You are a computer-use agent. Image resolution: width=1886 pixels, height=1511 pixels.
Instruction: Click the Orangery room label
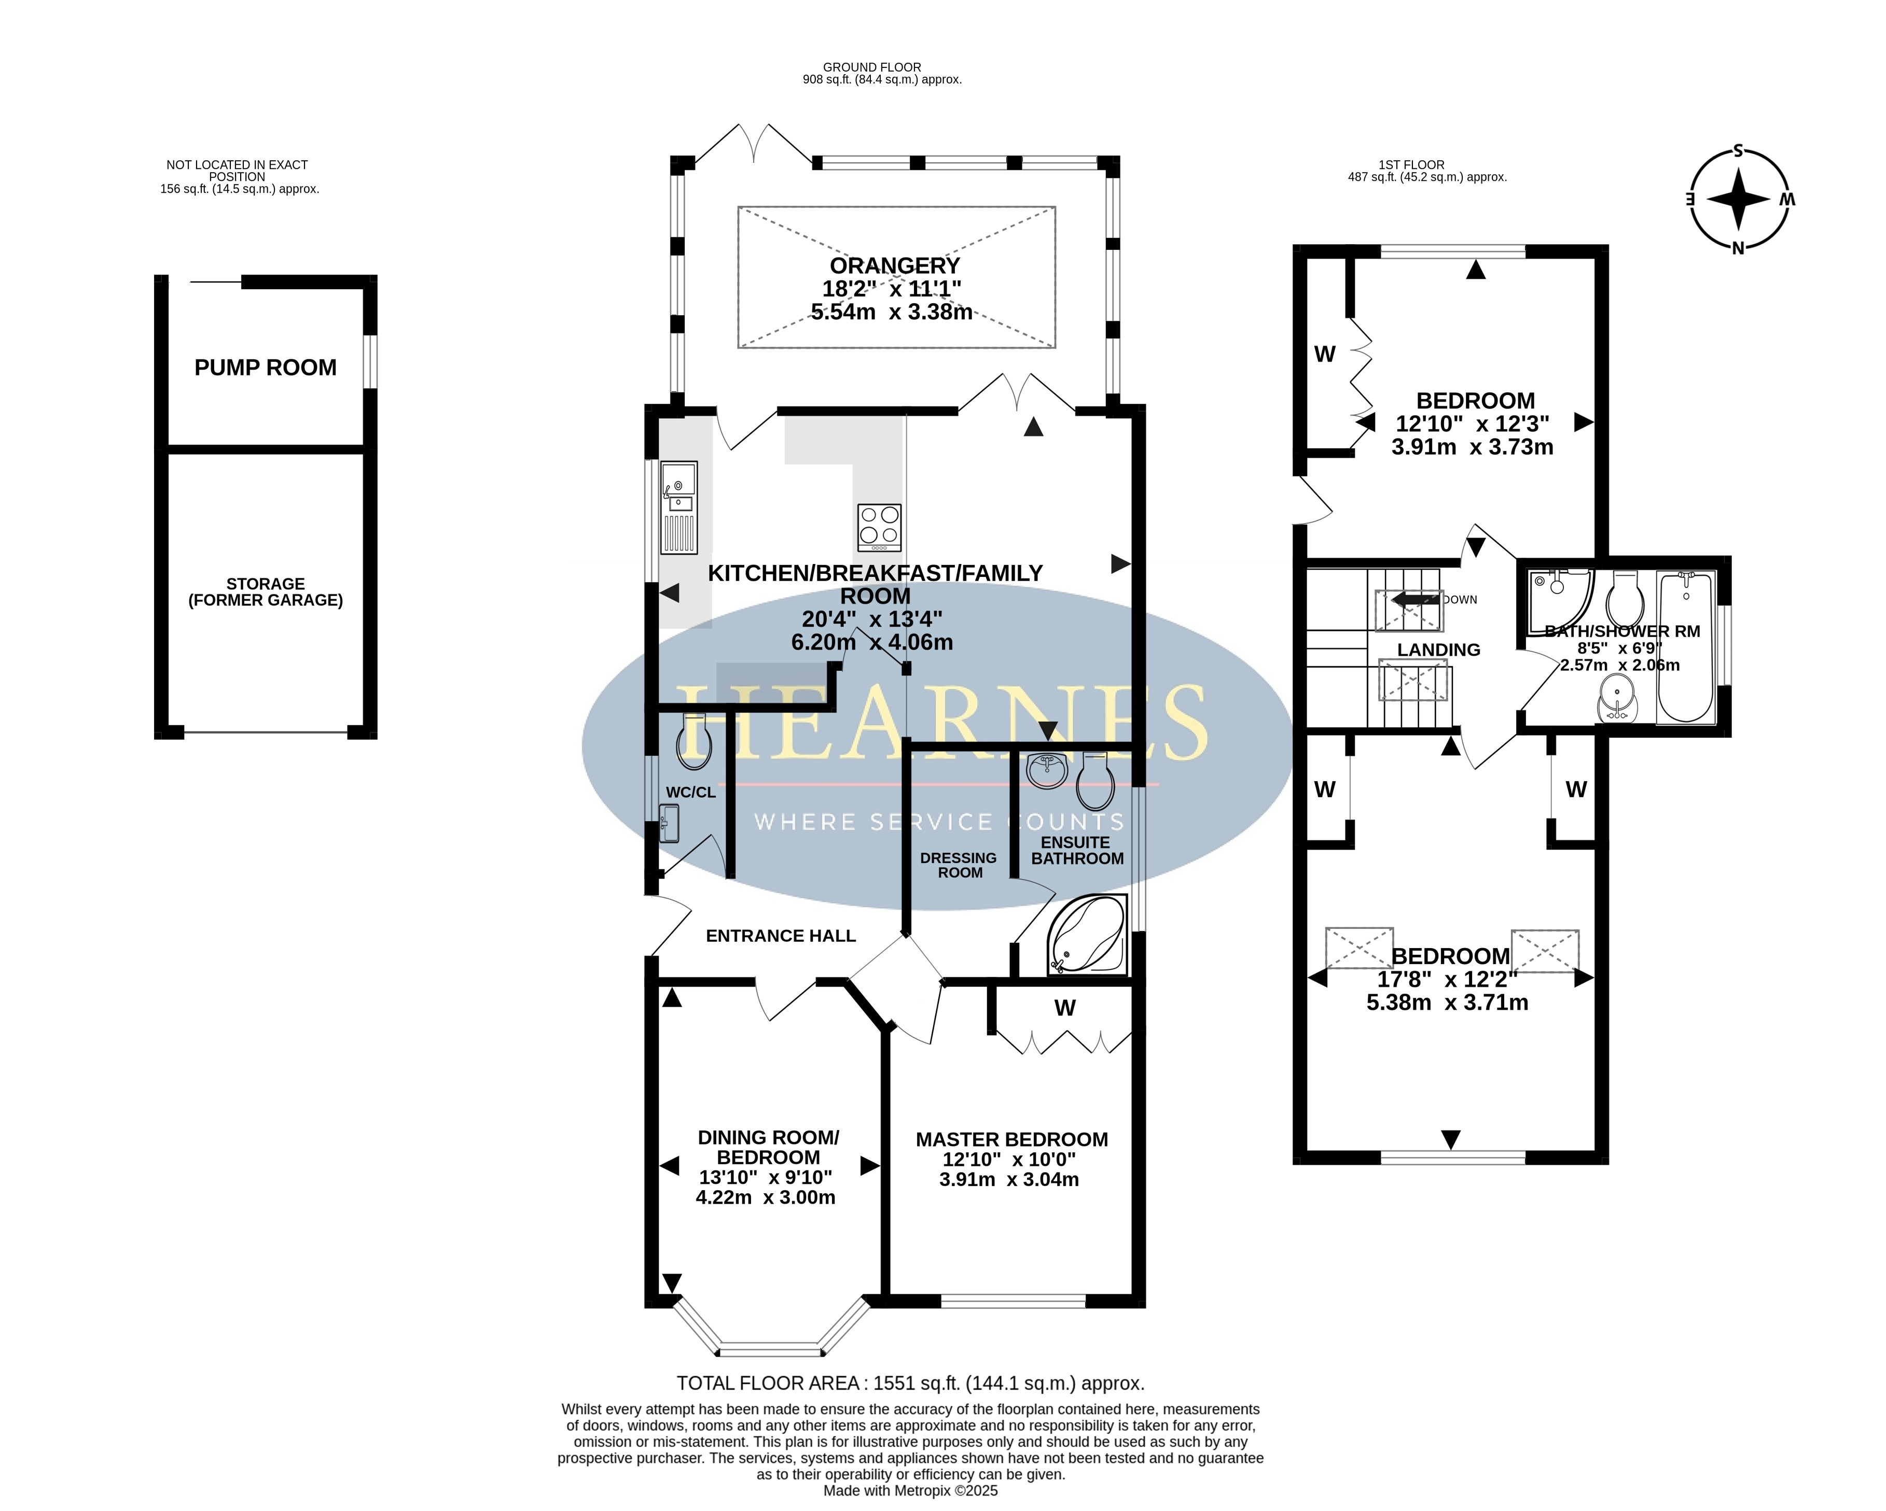tap(895, 266)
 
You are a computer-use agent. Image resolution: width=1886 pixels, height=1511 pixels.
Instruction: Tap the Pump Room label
tap(265, 368)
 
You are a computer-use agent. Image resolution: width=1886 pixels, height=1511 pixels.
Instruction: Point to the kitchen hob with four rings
tap(879, 527)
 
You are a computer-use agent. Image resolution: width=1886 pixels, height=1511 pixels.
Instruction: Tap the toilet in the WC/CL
tap(694, 742)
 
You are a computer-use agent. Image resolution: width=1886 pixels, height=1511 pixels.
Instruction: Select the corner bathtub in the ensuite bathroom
tap(1087, 935)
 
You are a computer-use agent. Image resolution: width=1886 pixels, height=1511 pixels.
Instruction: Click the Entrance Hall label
tap(780, 936)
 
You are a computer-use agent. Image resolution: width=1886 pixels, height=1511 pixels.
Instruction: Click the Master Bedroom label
tap(1011, 1139)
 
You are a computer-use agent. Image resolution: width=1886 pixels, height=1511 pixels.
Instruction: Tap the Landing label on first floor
tap(1438, 649)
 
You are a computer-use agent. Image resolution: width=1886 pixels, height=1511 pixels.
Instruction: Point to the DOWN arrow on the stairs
tap(1416, 600)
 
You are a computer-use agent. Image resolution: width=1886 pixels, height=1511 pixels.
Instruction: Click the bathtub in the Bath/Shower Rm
tap(1686, 647)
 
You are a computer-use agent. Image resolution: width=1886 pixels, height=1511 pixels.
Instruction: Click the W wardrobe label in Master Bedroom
tap(1064, 1008)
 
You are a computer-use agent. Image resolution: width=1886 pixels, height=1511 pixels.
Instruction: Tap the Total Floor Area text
tap(910, 1383)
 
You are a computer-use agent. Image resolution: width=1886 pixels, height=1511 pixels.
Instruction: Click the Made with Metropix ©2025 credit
tap(910, 1491)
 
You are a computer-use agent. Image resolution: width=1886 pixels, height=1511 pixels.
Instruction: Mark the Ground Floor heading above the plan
tap(871, 67)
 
